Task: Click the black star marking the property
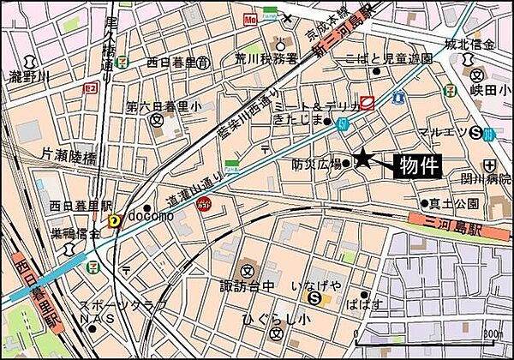(x=364, y=158)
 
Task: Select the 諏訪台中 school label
(x=244, y=284)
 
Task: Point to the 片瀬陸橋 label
(x=71, y=154)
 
